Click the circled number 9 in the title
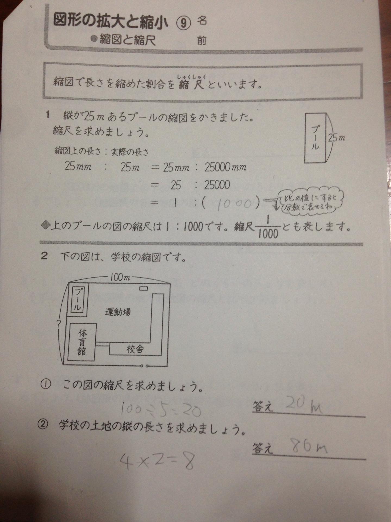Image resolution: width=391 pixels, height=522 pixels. [x=184, y=23]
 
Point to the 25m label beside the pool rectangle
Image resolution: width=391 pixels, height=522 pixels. [x=336, y=138]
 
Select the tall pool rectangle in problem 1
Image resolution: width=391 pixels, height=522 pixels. [x=315, y=138]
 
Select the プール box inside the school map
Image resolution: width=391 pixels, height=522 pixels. [x=78, y=300]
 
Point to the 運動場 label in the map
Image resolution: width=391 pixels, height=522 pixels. [x=118, y=312]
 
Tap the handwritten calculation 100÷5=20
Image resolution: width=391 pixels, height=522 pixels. [x=160, y=410]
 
